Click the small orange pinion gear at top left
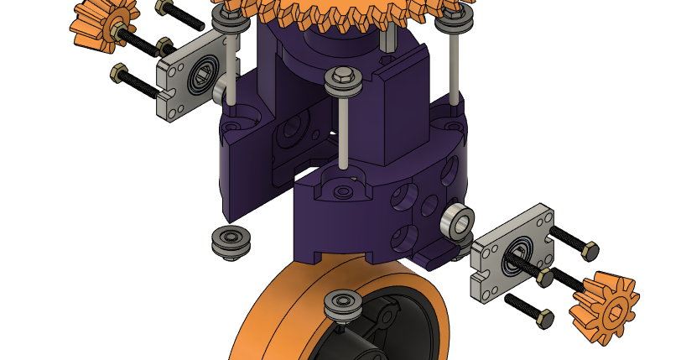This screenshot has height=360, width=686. tap(96, 23)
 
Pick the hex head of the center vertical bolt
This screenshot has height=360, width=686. tap(342, 78)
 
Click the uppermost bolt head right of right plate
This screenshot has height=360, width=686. tap(589, 249)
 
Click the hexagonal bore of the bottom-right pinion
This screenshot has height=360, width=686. tap(610, 313)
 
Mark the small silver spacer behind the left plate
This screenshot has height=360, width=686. tap(221, 89)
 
